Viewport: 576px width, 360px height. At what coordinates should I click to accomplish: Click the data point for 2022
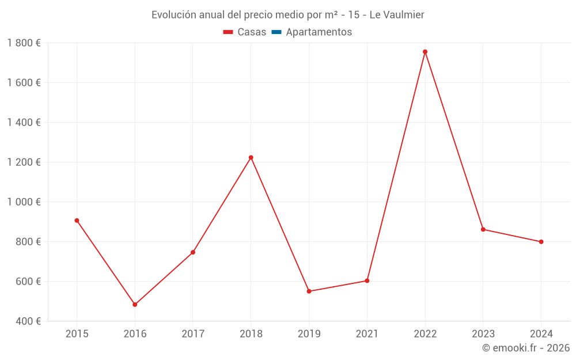point(425,52)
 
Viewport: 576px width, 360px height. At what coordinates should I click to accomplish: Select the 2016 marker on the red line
point(135,305)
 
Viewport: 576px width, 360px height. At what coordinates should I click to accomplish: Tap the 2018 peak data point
point(251,158)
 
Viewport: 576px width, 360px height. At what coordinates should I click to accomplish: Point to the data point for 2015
point(77,221)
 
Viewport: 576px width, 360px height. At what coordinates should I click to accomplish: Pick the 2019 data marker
point(309,291)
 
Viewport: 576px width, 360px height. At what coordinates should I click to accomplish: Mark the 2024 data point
point(541,242)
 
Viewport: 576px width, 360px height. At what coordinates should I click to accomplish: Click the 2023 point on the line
point(483,229)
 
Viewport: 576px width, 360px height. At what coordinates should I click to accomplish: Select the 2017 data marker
point(193,252)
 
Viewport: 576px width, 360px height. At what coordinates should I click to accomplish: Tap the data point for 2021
point(367,281)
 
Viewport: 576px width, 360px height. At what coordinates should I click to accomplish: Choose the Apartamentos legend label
point(319,32)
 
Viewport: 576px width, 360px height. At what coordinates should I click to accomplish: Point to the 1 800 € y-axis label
point(24,43)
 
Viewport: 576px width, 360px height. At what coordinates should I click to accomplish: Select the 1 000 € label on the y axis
point(24,202)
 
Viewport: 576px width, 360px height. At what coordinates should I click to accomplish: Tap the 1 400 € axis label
point(24,123)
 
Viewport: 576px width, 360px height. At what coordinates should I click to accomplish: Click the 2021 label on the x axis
point(367,334)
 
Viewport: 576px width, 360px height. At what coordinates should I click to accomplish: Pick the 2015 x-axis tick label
point(77,334)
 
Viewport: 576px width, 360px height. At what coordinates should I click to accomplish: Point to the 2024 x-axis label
point(541,334)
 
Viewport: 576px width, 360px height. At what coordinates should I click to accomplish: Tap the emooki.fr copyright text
point(526,348)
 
